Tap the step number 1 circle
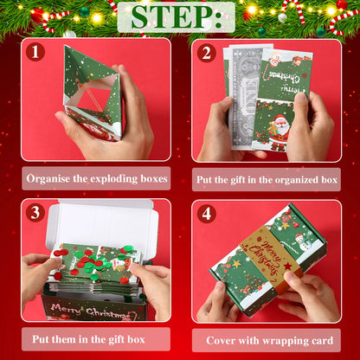35,52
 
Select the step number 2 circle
206,52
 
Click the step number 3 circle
35,213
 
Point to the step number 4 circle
206,213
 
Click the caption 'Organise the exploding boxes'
96,179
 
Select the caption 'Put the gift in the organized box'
266,179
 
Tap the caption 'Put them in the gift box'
96,338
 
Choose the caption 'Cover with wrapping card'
266,338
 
